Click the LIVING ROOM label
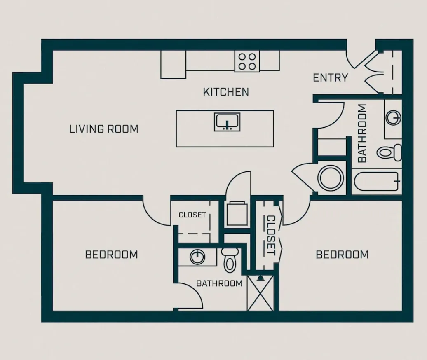coord(104,129)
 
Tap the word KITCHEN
coord(226,91)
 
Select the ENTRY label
coord(330,77)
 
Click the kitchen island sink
coord(227,122)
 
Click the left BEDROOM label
coord(111,255)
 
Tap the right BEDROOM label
coord(342,255)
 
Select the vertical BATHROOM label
coord(362,133)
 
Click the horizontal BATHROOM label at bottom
coord(219,283)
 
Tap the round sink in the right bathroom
coord(393,118)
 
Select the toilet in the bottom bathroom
coord(228,259)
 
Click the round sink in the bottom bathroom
coord(198,257)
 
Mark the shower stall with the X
coord(260,293)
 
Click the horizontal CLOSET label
coord(192,215)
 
